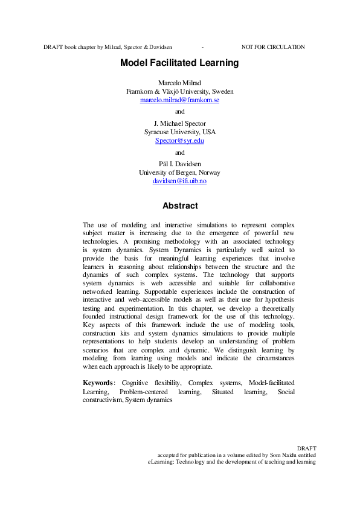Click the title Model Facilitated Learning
[179, 63]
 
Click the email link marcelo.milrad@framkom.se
[179, 100]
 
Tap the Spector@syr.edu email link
[179, 140]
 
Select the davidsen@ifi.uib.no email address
[179, 181]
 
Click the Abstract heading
[180, 206]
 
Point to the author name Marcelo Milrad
[179, 83]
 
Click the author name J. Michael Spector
[179, 123]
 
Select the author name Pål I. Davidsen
[179, 164]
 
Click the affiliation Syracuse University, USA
[179, 132]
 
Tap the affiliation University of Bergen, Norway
[179, 172]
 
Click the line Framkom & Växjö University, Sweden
[179, 91]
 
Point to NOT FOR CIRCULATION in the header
[273, 47]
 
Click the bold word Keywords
[97, 383]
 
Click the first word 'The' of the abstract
[88, 225]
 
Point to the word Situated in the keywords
[223, 391]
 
